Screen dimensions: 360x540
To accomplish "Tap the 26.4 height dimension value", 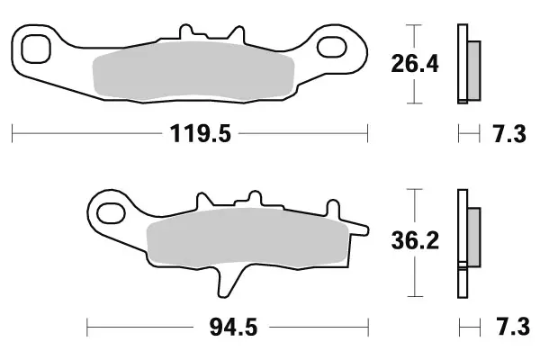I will (414, 66).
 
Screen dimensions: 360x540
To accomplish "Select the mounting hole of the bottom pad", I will (112, 213).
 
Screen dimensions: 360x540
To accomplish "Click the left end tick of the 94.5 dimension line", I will (87, 323).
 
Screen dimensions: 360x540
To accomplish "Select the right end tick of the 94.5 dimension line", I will (368, 323).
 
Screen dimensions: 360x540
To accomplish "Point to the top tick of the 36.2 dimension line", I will (413, 189).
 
